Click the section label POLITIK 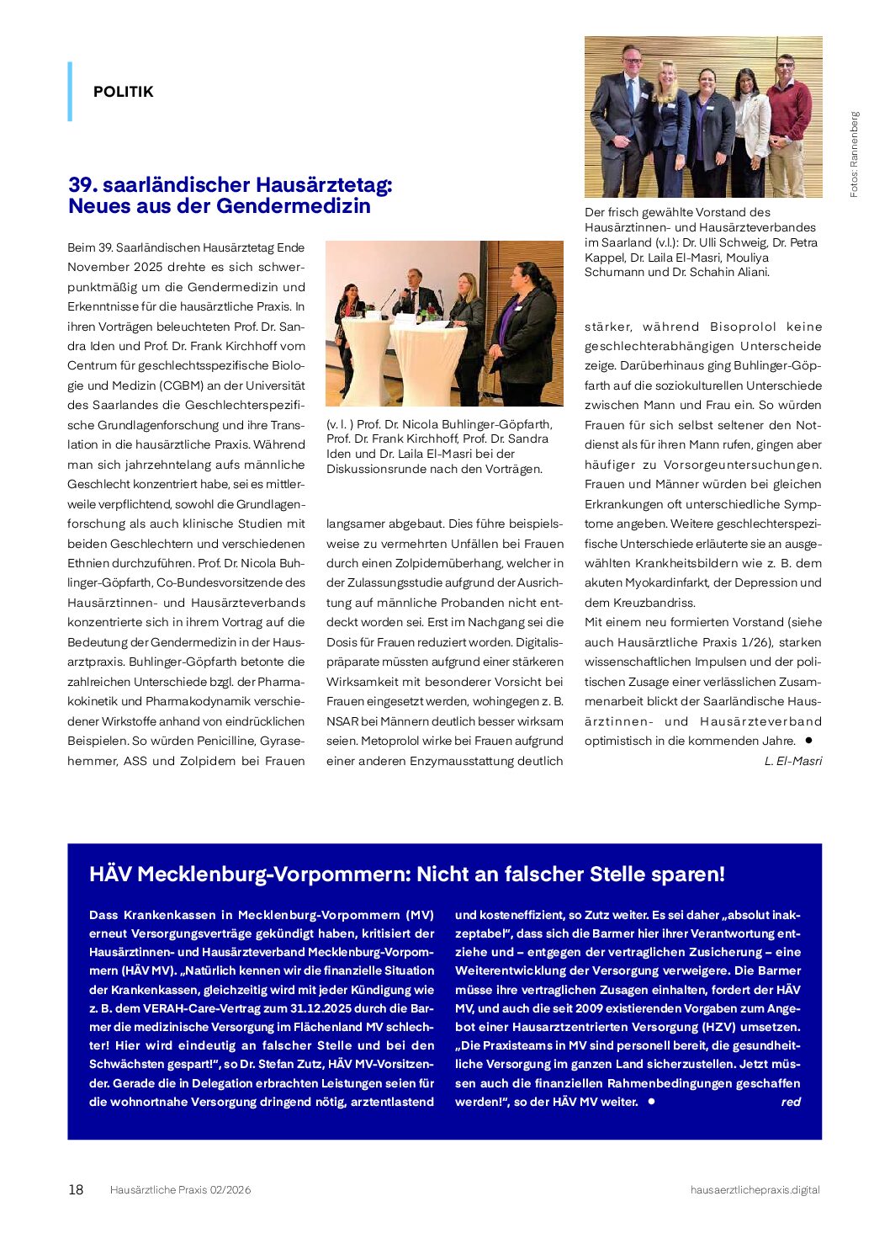123,92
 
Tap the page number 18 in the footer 76,1189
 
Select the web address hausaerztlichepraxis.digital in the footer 755,1189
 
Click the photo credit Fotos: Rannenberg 854,155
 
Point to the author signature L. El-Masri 792,761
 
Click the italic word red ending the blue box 790,1102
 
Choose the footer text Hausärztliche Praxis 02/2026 180,1189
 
